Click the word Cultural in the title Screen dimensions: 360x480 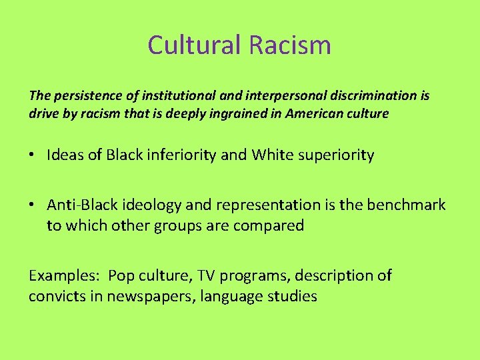pyautogui.click(x=195, y=45)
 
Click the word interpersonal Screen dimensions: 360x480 pyautogui.click(x=281, y=96)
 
